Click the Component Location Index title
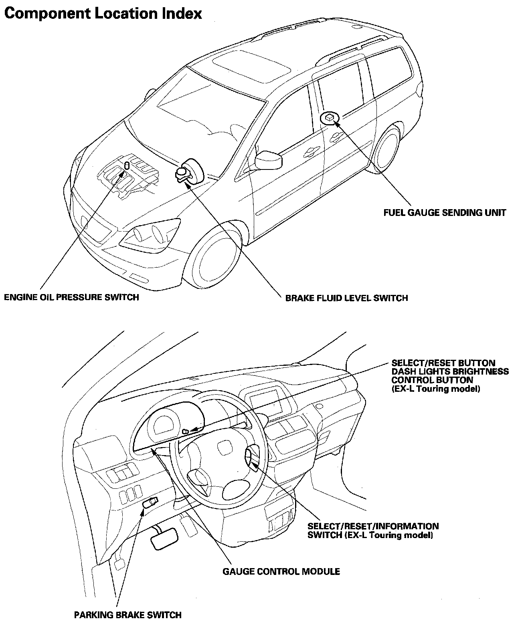pyautogui.click(x=103, y=13)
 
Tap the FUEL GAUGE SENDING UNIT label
pyautogui.click(x=445, y=213)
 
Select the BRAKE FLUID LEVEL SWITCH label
pyautogui.click(x=346, y=298)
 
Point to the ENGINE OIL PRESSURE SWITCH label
pyautogui.click(x=71, y=297)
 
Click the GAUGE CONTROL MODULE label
pyautogui.click(x=281, y=572)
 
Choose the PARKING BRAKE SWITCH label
pyautogui.click(x=128, y=615)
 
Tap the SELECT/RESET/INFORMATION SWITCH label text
pyautogui.click(x=373, y=530)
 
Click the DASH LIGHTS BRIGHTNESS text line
pyautogui.click(x=450, y=371)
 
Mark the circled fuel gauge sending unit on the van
pyautogui.click(x=330, y=118)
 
